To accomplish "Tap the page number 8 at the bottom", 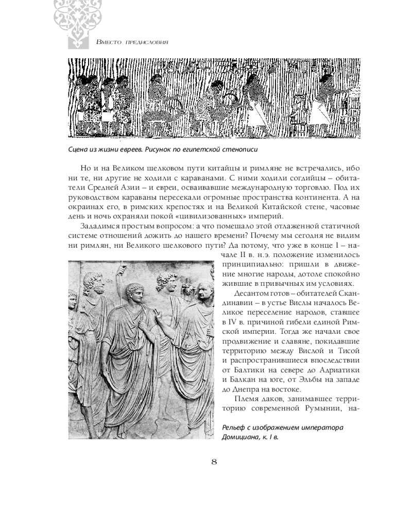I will point(214,460).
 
